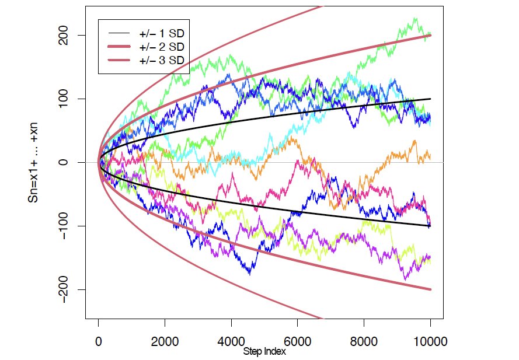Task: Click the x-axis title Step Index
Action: pos(264,352)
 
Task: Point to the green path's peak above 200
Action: pos(415,19)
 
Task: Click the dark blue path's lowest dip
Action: pos(250,273)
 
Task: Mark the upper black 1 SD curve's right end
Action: pos(430,99)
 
